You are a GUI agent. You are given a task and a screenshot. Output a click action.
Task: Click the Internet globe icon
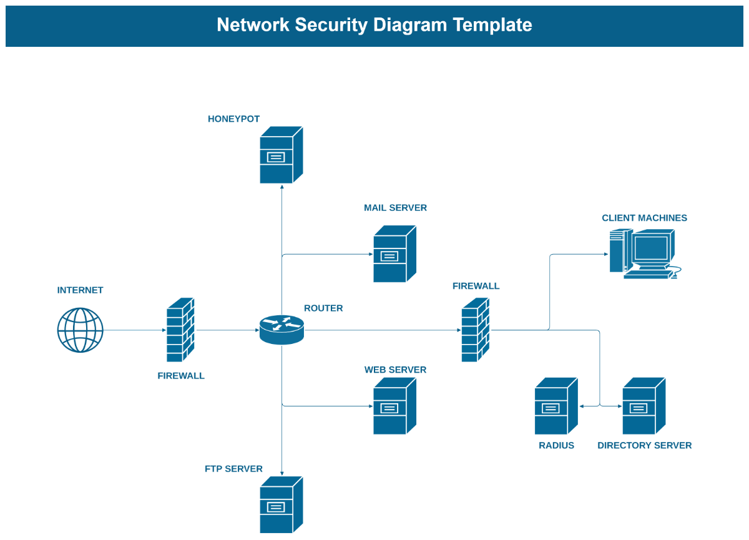(x=81, y=330)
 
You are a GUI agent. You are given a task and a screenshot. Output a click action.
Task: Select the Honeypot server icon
(x=281, y=155)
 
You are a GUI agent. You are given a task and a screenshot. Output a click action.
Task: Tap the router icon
(x=281, y=330)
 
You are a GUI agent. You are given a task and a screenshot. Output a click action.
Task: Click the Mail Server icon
(x=394, y=254)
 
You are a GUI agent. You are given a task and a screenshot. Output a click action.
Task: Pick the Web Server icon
(x=394, y=406)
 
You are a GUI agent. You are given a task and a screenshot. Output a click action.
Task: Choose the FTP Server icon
(x=281, y=505)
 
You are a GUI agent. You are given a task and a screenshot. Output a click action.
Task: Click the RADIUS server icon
(x=556, y=406)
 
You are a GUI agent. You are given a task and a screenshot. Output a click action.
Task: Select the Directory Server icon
(x=644, y=406)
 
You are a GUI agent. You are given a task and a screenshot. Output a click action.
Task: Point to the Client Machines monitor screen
(x=650, y=248)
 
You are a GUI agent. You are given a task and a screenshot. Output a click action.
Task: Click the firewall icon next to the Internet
(x=180, y=330)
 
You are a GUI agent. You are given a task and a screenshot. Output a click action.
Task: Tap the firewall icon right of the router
(x=475, y=330)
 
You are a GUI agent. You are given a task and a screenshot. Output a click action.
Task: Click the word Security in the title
(x=331, y=26)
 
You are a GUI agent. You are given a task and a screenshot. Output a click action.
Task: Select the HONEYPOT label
(x=233, y=119)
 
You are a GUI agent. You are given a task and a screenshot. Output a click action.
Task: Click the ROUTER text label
(x=323, y=308)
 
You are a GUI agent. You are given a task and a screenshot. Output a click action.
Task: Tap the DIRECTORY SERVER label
(x=644, y=445)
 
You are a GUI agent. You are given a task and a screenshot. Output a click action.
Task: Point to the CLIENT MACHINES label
(x=644, y=218)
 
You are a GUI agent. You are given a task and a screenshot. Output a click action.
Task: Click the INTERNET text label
(x=80, y=290)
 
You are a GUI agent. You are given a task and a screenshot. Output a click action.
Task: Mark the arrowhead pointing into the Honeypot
(x=282, y=187)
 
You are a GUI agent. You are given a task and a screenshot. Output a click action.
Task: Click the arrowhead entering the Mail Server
(x=371, y=254)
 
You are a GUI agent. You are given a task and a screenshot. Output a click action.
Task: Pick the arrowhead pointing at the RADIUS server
(x=582, y=406)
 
